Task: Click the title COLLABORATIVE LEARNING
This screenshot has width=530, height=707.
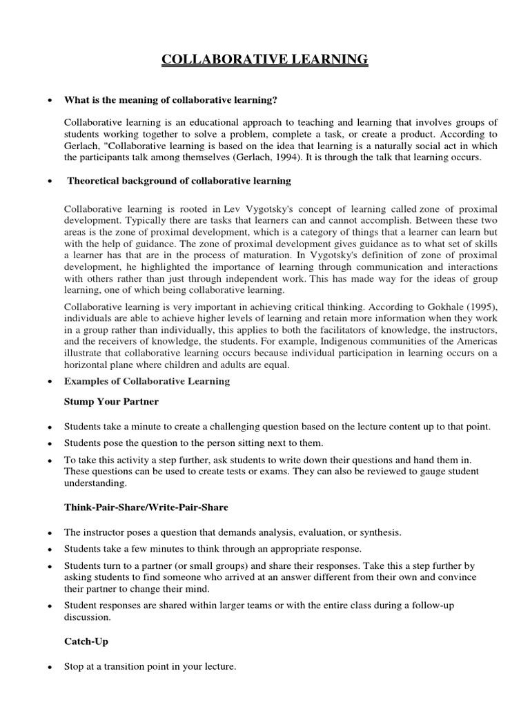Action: point(265,60)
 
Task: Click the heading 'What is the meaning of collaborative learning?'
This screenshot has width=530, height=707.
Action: point(170,100)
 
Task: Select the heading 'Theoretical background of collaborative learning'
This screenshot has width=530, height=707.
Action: point(179,181)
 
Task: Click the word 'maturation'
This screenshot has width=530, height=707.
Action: point(256,255)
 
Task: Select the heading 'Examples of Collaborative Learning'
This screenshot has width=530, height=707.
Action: point(147,381)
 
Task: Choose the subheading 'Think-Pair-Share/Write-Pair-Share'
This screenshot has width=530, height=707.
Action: point(146,507)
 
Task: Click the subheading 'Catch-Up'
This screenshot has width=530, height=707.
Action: point(86,641)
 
